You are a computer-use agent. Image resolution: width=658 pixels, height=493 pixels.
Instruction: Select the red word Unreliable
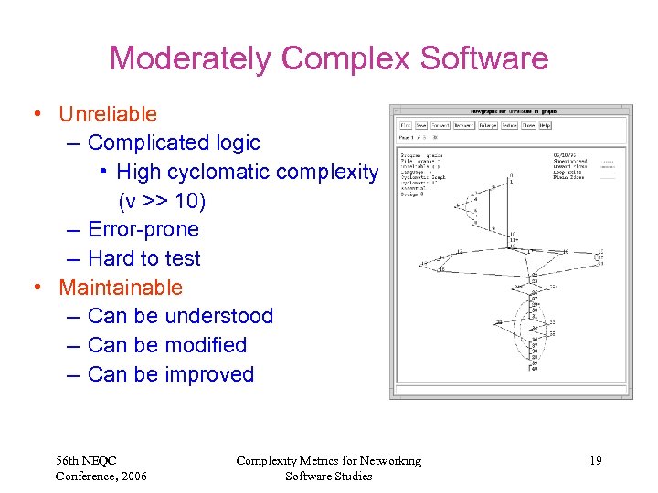pos(108,114)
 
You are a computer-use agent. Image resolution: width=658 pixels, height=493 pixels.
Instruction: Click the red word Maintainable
pos(121,288)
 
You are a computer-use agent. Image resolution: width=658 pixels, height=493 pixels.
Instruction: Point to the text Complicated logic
pos(174,142)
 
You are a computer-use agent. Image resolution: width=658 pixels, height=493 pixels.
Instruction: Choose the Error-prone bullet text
pos(143,229)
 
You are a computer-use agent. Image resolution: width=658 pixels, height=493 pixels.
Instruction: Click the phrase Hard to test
pos(143,258)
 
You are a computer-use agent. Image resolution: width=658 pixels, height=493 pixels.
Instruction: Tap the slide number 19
pos(595,461)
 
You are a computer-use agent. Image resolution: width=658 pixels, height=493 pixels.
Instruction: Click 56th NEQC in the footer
pos(86,461)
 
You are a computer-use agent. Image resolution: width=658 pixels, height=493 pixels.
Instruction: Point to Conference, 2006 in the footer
pos(101,476)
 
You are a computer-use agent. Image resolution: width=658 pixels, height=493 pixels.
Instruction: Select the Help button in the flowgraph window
pos(546,125)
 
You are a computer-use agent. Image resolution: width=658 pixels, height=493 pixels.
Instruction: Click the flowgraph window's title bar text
pos(511,110)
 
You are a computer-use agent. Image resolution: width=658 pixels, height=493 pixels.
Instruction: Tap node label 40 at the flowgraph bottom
pos(536,370)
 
